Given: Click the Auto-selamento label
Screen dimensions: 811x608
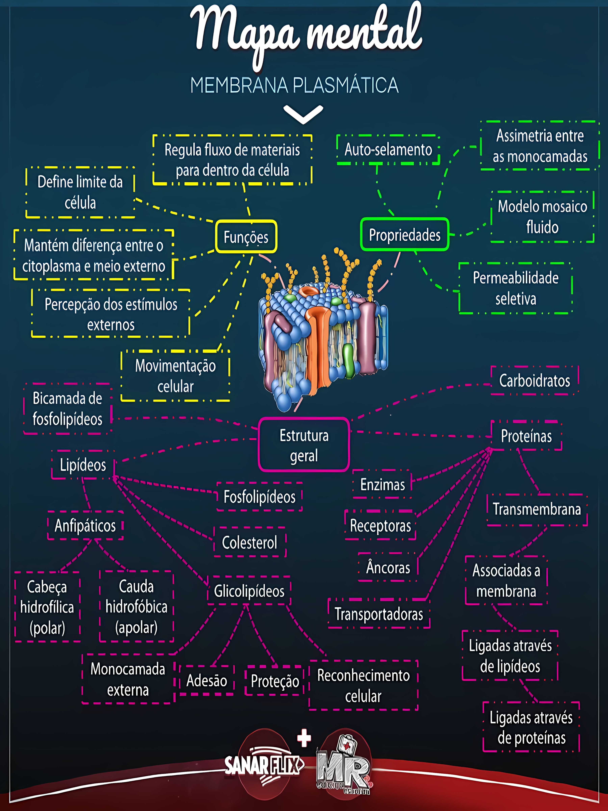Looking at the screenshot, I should pos(388,150).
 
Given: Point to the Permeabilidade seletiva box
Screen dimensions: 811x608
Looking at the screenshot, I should pos(515,288).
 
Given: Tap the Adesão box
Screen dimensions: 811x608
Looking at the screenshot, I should pos(207,680).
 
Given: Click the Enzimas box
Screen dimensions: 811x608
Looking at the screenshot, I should pos(382,484).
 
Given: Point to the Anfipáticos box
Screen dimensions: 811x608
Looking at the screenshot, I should pos(85,525).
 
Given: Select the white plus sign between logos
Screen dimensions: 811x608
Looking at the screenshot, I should pos(304,738).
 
